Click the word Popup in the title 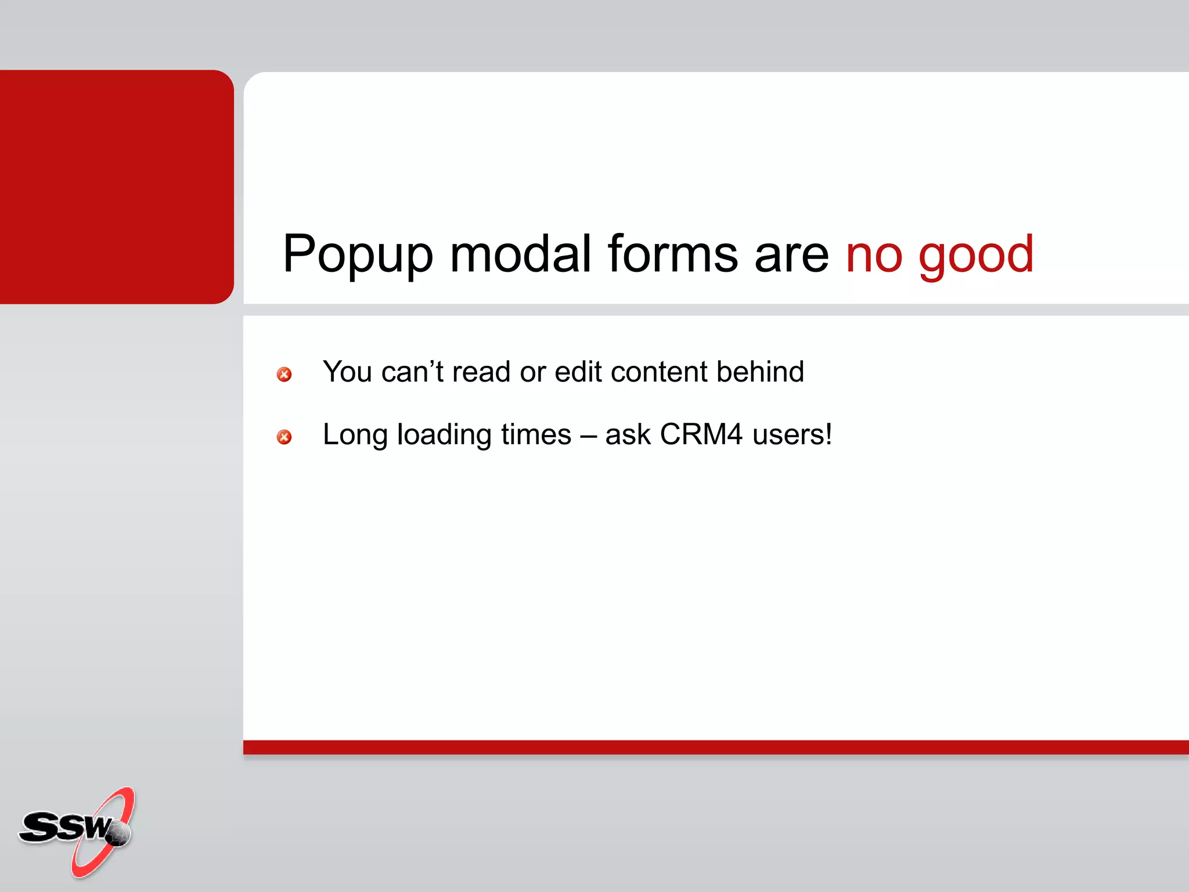tap(358, 254)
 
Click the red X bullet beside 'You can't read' tap(284, 375)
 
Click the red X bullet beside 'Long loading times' tap(284, 437)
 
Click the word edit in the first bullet tap(578, 372)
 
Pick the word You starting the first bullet tap(347, 372)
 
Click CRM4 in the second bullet tap(701, 434)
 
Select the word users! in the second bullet tap(792, 434)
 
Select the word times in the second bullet tap(536, 434)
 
